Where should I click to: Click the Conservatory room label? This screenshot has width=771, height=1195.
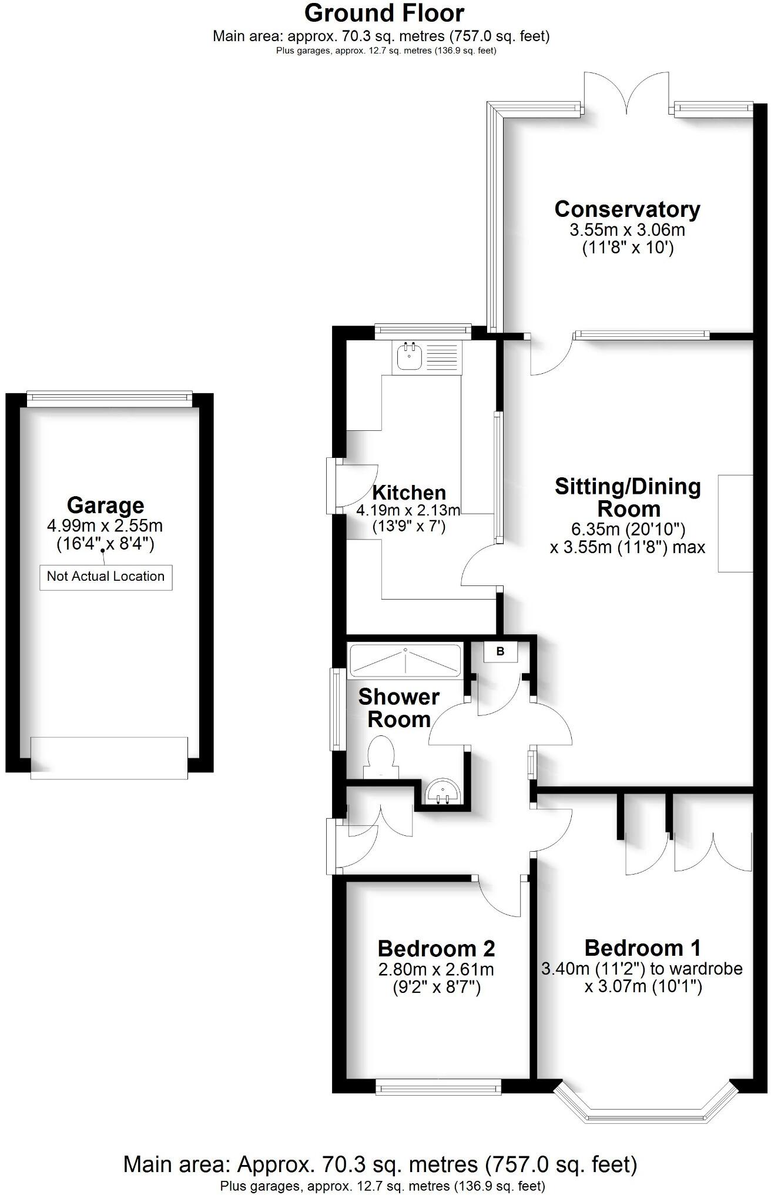click(x=627, y=209)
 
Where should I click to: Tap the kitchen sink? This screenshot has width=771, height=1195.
click(x=408, y=356)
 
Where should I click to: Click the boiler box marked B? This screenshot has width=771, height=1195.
click(x=500, y=651)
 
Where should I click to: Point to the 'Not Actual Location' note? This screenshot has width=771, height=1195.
click(x=106, y=577)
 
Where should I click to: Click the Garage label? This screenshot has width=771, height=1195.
click(x=105, y=506)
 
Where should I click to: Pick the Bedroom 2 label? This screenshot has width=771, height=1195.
click(x=436, y=949)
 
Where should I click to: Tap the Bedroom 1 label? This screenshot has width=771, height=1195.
click(x=643, y=948)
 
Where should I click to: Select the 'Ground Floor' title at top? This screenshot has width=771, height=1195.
click(x=384, y=13)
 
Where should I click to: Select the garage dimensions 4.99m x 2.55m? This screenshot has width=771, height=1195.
click(x=105, y=525)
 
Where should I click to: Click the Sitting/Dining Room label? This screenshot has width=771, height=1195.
click(x=628, y=497)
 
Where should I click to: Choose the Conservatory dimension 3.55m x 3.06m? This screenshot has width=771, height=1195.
click(x=627, y=230)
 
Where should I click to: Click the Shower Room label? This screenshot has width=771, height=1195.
click(x=399, y=708)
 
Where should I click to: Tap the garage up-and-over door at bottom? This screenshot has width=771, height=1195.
click(x=109, y=758)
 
